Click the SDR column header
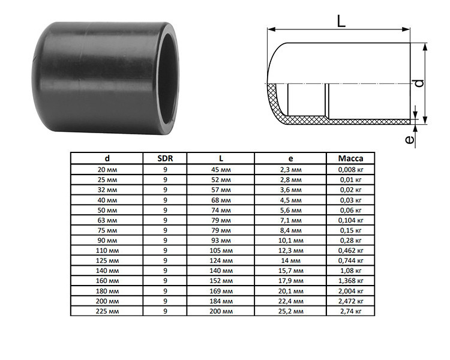click(165, 158)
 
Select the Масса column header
click(350, 158)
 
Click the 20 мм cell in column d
click(107, 170)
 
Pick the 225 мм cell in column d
click(107, 311)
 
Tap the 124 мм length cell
click(221, 260)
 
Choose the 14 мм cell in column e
click(291, 260)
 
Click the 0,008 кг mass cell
click(350, 170)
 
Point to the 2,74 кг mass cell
click(350, 311)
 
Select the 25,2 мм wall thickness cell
click(291, 311)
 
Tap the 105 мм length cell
click(221, 251)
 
